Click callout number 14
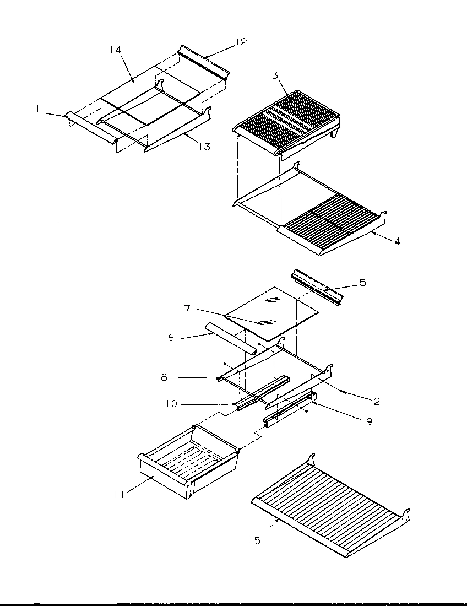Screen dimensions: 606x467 pos(116,50)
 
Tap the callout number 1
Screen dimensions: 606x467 pos(38,110)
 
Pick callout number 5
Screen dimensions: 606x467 pos(361,282)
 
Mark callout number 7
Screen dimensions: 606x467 pos(187,309)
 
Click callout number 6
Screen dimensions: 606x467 pos(171,337)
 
